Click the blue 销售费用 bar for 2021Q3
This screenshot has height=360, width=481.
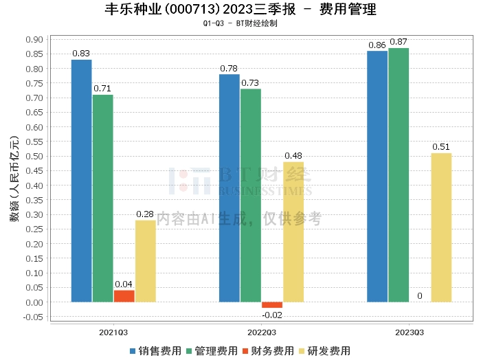coord(81,181)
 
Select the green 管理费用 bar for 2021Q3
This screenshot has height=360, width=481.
coord(103,199)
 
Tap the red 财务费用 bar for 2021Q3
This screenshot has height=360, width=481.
coord(124,296)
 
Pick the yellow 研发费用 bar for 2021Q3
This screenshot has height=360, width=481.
coord(146,261)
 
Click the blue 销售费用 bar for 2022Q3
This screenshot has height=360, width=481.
coord(230,188)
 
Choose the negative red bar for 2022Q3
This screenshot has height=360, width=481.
coord(272,304)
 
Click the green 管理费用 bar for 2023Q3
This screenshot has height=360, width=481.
coord(399,175)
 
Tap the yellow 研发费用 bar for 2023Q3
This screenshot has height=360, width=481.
coord(441,227)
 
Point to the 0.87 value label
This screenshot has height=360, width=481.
coord(399,42)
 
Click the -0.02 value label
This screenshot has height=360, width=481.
coord(272,315)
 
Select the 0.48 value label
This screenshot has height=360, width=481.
coord(293,156)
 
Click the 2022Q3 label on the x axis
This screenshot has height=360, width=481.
coord(261,332)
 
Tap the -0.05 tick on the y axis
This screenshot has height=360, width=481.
coord(33,317)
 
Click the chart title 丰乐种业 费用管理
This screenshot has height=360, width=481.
coord(240,10)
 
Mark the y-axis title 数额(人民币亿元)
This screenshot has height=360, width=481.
coord(14,185)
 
